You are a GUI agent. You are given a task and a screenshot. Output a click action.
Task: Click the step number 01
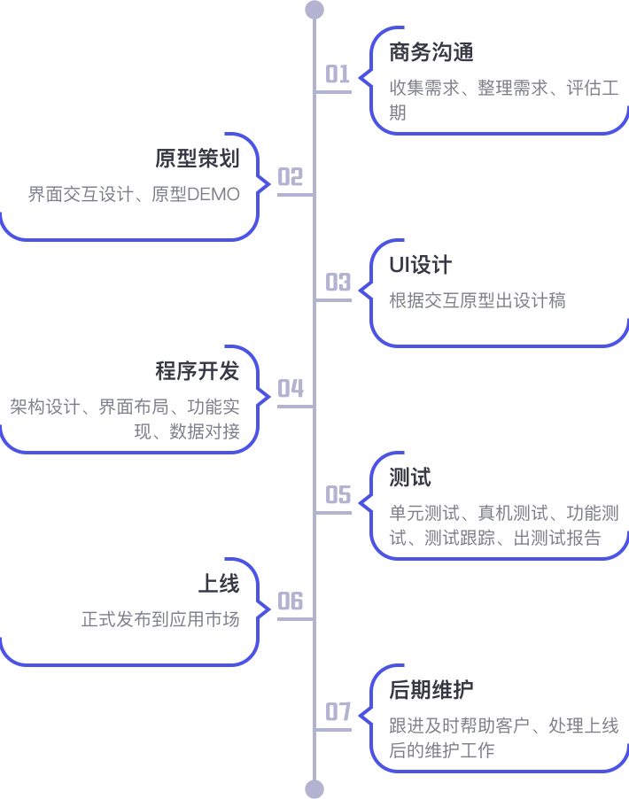coord(338,74)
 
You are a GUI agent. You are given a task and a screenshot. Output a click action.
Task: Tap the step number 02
coord(291,178)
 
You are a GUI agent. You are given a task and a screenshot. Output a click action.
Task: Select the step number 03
coord(338,283)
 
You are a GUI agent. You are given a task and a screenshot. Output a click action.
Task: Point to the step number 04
coord(291,390)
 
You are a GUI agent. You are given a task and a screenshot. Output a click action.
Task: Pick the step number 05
coord(338,495)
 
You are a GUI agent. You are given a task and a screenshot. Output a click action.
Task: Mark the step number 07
coord(338,712)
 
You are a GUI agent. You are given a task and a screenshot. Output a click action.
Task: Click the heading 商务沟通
coord(431,53)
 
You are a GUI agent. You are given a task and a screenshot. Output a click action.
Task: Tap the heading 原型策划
coord(198,159)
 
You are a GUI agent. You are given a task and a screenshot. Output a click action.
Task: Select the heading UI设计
coord(420,265)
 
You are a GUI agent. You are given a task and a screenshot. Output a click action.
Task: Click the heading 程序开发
coord(198,371)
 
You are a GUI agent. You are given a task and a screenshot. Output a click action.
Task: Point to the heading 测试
coord(410,477)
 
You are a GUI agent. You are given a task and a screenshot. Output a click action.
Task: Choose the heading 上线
coord(219,584)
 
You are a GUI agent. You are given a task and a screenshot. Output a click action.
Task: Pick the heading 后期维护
coord(431,690)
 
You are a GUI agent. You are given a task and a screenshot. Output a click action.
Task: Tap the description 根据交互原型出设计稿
coord(478,301)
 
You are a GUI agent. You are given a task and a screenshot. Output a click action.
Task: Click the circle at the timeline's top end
coord(314,10)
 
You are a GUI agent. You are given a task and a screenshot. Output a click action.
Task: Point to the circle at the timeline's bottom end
coord(314,788)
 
